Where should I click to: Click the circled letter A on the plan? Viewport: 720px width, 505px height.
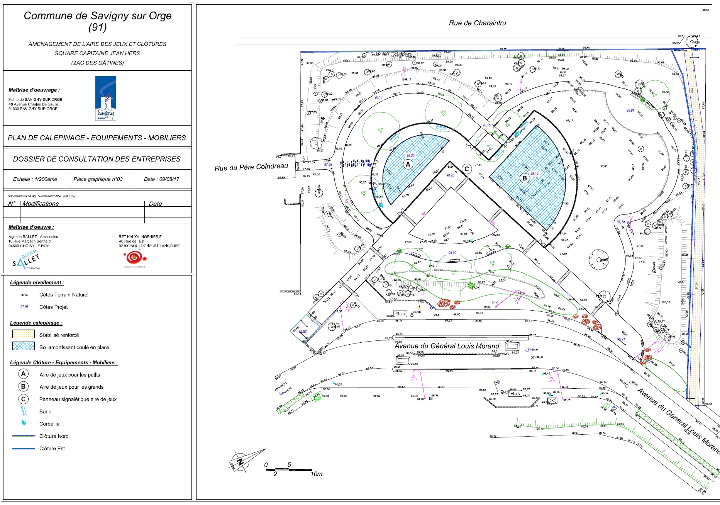click(408, 165)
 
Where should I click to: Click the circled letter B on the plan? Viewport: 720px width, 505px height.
click(524, 178)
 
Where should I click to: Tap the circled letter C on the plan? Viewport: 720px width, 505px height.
click(467, 169)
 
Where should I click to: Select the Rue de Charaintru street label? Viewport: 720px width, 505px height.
click(477, 23)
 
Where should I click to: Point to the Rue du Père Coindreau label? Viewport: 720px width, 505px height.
click(251, 167)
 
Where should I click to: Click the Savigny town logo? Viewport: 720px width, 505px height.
click(106, 98)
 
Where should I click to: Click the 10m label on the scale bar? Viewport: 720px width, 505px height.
click(316, 474)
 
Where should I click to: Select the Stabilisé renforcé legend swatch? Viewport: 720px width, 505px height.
click(24, 334)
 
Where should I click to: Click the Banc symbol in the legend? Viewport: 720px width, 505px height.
click(24, 411)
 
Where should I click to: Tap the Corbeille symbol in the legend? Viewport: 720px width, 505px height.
click(24, 423)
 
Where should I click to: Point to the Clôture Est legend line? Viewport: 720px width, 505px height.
click(24, 449)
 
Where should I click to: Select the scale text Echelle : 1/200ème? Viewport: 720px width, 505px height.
click(35, 179)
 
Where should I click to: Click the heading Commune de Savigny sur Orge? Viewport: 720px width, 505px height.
click(98, 16)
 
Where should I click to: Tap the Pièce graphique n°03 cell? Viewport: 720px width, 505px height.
click(98, 179)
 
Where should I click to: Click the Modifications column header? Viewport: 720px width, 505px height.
click(41, 204)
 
